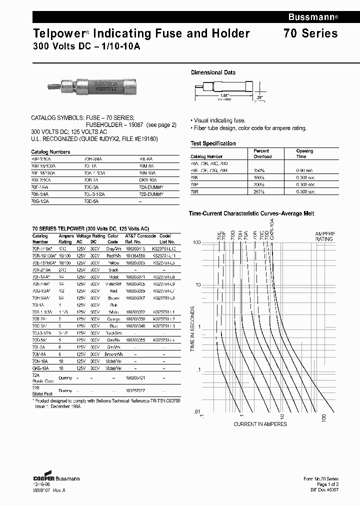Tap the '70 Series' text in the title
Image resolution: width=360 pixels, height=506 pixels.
(310, 33)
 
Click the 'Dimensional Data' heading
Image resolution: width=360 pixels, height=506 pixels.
(213, 72)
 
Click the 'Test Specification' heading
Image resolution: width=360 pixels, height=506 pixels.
(213, 143)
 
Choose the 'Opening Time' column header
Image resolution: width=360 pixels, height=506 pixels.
(304, 153)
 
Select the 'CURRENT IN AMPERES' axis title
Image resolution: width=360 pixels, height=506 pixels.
(260, 424)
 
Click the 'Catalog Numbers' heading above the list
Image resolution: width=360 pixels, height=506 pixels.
(50, 151)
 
